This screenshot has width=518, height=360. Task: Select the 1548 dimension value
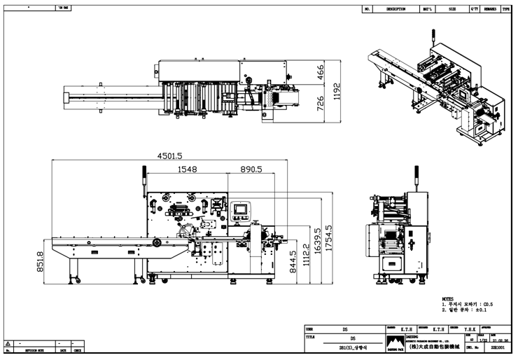click(186, 169)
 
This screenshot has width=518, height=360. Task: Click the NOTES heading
click(448, 298)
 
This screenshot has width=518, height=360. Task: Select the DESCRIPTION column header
click(395, 9)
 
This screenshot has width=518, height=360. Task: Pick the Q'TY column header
click(473, 9)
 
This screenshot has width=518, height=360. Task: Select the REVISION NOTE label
click(31, 349)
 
